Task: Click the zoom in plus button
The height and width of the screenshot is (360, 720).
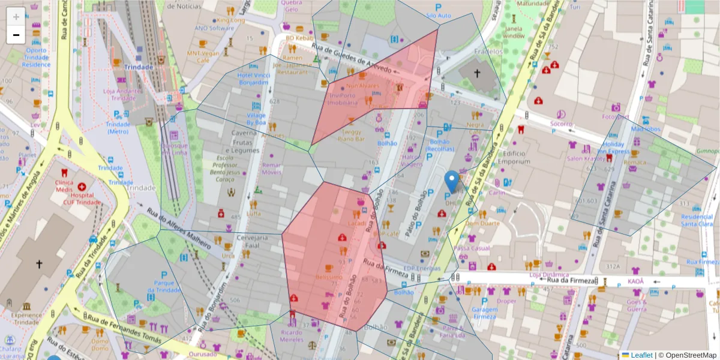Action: tap(16, 16)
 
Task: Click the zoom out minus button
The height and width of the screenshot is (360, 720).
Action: tap(16, 35)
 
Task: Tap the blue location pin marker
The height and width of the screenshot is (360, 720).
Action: tap(452, 181)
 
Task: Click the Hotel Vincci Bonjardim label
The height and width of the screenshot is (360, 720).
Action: tap(253, 79)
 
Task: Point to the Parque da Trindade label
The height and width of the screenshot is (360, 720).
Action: tap(163, 286)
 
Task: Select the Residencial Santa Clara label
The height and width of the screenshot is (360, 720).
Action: tap(697, 220)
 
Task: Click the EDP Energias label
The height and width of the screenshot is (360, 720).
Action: tap(422, 268)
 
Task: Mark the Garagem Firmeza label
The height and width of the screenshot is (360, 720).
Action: tap(484, 313)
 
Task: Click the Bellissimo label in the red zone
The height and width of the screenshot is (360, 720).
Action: tap(329, 277)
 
